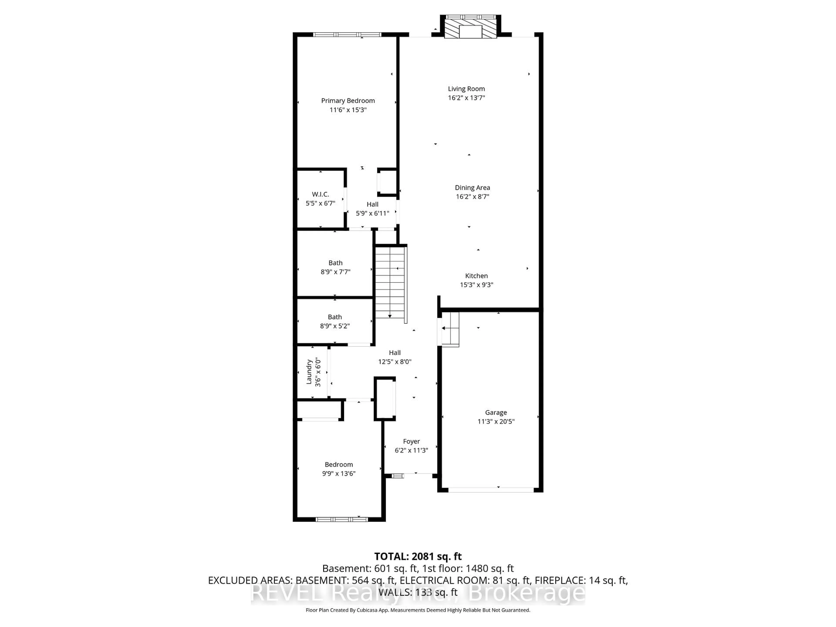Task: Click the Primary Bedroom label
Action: click(x=348, y=101)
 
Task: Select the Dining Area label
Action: click(x=472, y=187)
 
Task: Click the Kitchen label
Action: click(x=476, y=276)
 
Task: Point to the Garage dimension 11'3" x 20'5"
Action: click(x=496, y=422)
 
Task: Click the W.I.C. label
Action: click(x=320, y=194)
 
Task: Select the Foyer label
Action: click(x=411, y=442)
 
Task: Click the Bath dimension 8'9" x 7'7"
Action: click(x=335, y=272)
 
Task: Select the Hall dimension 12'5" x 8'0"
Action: click(x=394, y=362)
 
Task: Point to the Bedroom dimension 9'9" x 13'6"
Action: click(x=339, y=474)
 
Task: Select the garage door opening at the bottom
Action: click(x=490, y=490)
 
